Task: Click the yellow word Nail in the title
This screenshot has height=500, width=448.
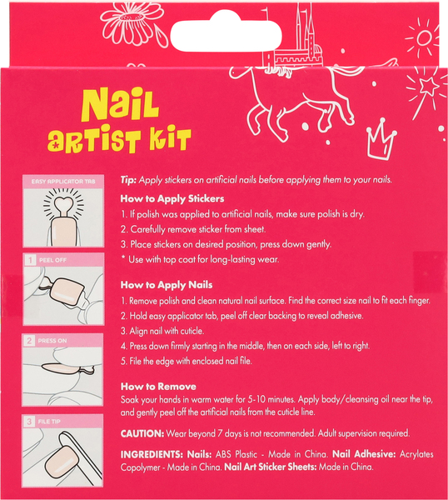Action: (120, 105)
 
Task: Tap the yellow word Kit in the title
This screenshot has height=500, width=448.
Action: (170, 140)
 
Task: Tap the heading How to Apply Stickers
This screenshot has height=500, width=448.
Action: (172, 198)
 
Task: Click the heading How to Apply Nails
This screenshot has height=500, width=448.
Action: (167, 285)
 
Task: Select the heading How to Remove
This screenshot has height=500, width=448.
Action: (158, 387)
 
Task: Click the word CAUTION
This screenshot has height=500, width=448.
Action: (142, 433)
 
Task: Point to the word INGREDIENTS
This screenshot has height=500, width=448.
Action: (152, 454)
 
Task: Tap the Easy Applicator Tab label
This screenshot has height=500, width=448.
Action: (63, 182)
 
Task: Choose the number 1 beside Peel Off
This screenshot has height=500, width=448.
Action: (30, 260)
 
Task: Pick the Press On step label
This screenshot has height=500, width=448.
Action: (52, 341)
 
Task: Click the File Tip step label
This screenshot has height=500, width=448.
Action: (49, 421)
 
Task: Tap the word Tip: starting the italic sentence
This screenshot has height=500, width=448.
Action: (128, 180)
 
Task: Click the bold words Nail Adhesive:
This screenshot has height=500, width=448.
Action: (364, 454)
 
